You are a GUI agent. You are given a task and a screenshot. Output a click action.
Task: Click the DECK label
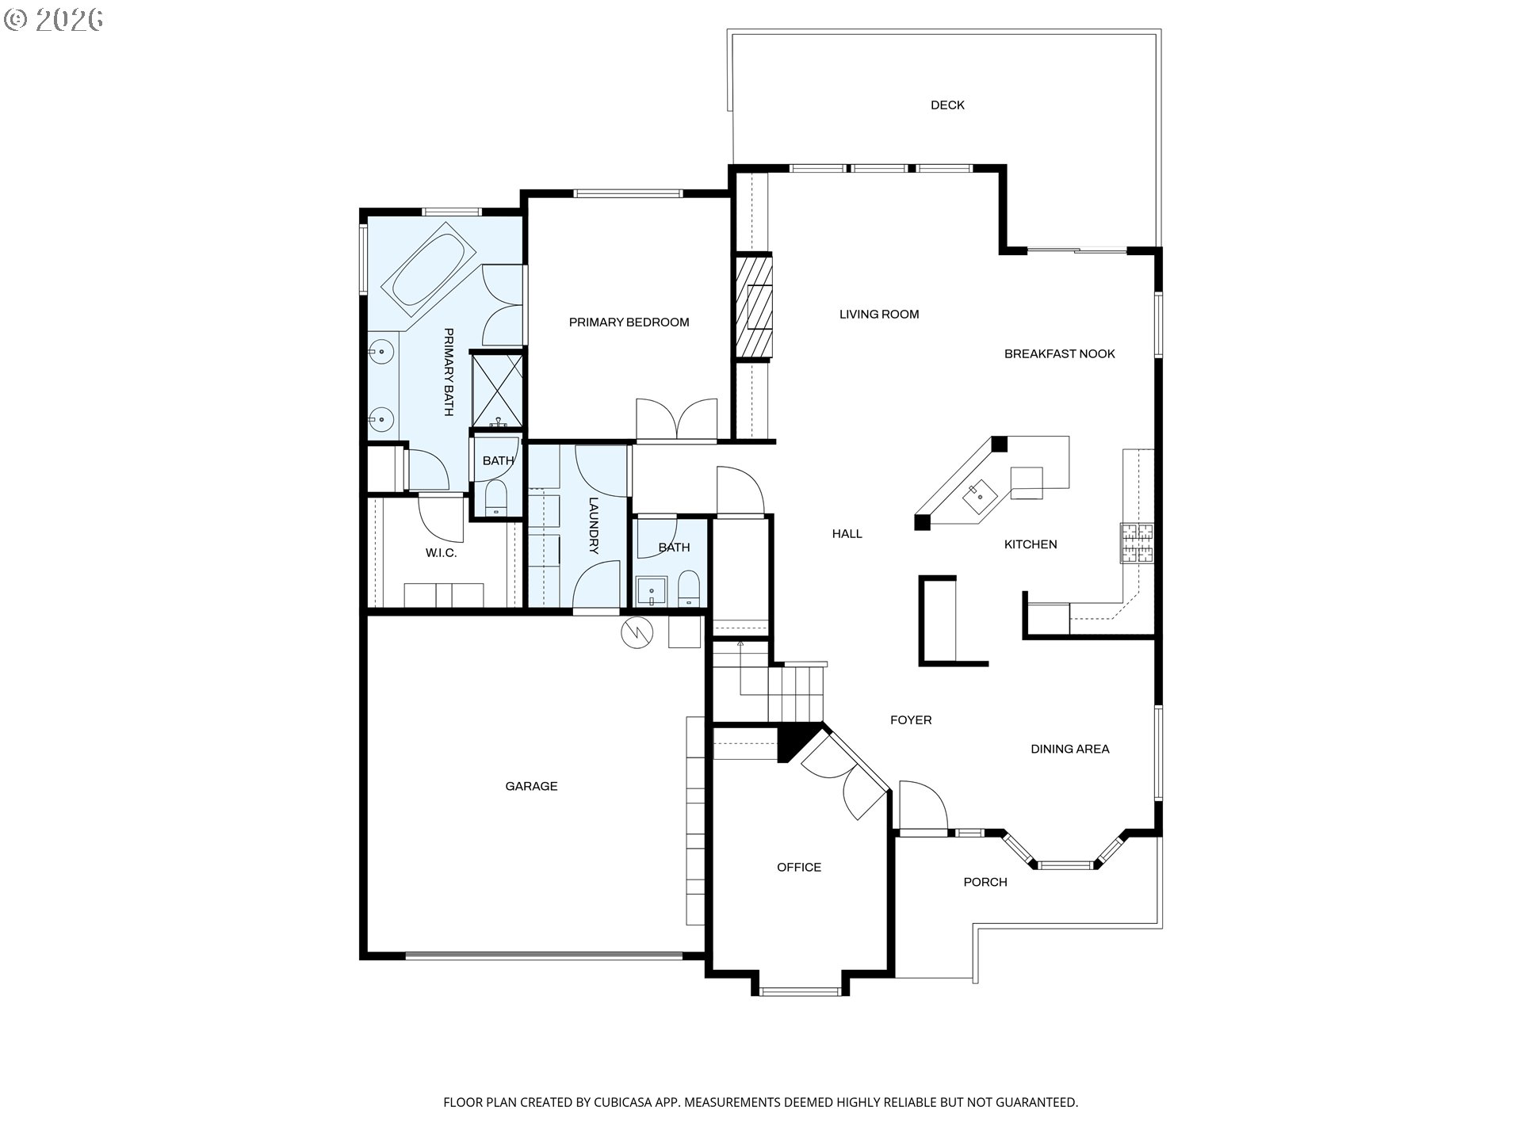947,105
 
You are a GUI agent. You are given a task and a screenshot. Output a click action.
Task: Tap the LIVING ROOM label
879,314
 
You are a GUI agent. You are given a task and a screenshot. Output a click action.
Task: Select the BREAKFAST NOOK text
1059,353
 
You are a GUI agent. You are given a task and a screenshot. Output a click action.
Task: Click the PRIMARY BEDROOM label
629,322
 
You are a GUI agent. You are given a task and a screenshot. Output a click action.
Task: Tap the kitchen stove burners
1137,543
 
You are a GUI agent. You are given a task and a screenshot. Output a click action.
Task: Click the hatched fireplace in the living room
754,307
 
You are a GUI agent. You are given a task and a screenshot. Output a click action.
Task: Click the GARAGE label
531,786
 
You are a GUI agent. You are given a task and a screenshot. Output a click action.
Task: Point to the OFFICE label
799,867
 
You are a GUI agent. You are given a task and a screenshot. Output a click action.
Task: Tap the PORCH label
985,882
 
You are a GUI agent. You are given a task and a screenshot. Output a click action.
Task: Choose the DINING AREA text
1069,749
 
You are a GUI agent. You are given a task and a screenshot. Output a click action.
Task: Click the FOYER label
911,719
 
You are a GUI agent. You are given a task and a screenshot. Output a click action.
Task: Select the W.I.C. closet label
441,553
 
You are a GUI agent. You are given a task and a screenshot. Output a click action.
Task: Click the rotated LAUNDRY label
595,525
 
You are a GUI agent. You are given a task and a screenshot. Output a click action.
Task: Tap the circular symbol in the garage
637,632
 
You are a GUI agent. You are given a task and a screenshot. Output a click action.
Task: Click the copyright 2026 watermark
54,19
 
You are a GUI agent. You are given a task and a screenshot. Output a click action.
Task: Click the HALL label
847,533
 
